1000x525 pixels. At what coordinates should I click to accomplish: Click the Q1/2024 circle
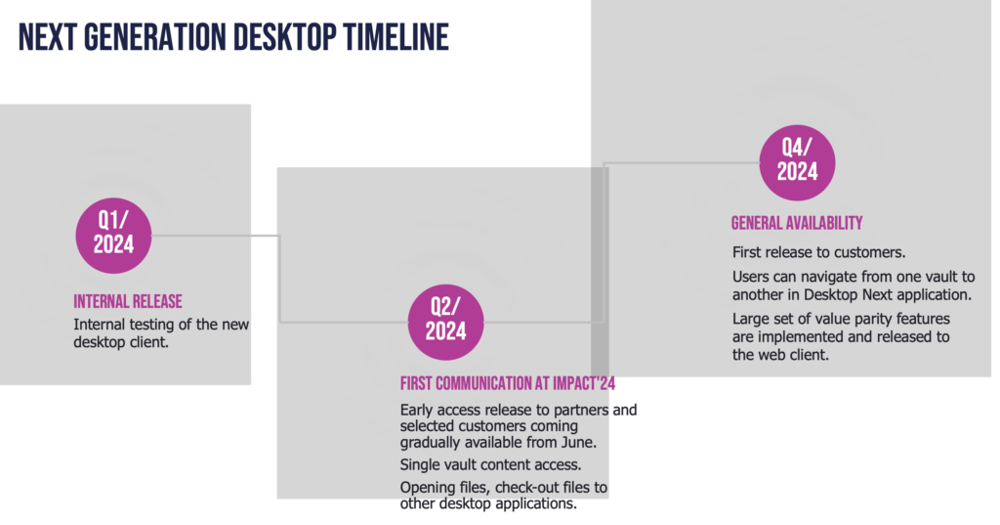tap(113, 236)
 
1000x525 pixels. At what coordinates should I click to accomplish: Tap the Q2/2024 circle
tap(445, 323)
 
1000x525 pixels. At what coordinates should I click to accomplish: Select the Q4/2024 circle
tap(797, 163)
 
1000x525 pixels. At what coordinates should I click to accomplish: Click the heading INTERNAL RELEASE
tap(128, 301)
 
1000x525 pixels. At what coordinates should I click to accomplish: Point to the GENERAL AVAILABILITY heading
tap(797, 223)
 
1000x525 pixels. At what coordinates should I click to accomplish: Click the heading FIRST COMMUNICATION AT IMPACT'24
tap(508, 383)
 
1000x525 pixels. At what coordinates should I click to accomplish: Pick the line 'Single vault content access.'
tap(490, 464)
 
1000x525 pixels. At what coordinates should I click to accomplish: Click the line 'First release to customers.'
tap(819, 252)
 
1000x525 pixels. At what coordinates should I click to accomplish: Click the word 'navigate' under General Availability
tap(815, 278)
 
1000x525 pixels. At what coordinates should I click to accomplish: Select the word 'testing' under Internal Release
tap(150, 326)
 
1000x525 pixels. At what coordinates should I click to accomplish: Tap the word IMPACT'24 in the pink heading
tap(584, 383)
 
